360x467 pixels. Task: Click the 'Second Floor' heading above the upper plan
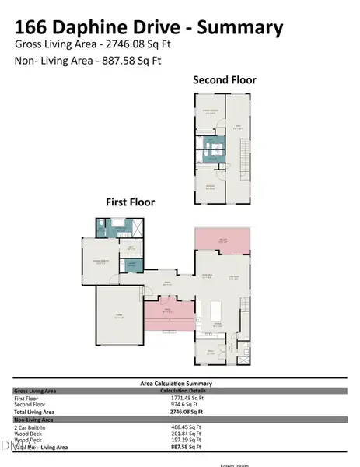point(225,79)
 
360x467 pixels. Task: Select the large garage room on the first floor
point(119,317)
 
